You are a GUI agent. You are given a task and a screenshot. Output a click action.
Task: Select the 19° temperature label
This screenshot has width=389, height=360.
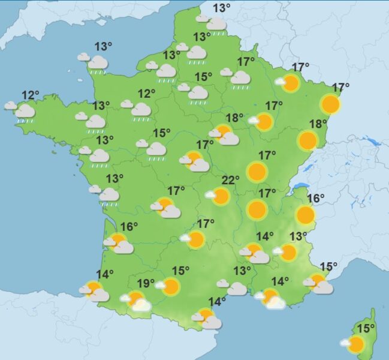point(146,283)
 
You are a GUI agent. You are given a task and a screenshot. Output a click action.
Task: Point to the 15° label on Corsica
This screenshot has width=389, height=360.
point(366,328)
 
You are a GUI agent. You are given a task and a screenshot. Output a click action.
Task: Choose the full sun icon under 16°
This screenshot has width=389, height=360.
point(305,215)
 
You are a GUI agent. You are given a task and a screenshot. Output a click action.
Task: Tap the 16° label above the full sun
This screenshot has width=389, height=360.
point(315,199)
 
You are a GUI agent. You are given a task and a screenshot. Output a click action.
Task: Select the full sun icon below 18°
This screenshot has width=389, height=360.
point(307,141)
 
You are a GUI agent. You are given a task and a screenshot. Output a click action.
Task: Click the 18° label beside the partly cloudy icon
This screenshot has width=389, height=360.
point(234,118)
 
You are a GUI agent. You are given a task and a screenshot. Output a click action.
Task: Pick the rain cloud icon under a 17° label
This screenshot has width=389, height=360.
point(239,78)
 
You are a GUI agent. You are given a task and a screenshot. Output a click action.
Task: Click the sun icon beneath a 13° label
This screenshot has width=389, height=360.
point(288,252)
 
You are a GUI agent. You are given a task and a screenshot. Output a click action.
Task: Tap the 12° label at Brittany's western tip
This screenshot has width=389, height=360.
point(30,95)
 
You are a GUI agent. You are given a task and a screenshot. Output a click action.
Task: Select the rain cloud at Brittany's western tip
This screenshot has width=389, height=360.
point(24,112)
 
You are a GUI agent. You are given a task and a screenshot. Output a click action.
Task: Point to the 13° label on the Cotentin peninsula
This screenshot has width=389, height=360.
point(103,47)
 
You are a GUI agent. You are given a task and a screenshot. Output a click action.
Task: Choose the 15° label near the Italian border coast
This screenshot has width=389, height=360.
point(329,266)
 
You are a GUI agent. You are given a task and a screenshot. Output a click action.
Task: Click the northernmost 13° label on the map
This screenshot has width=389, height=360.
point(222,8)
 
